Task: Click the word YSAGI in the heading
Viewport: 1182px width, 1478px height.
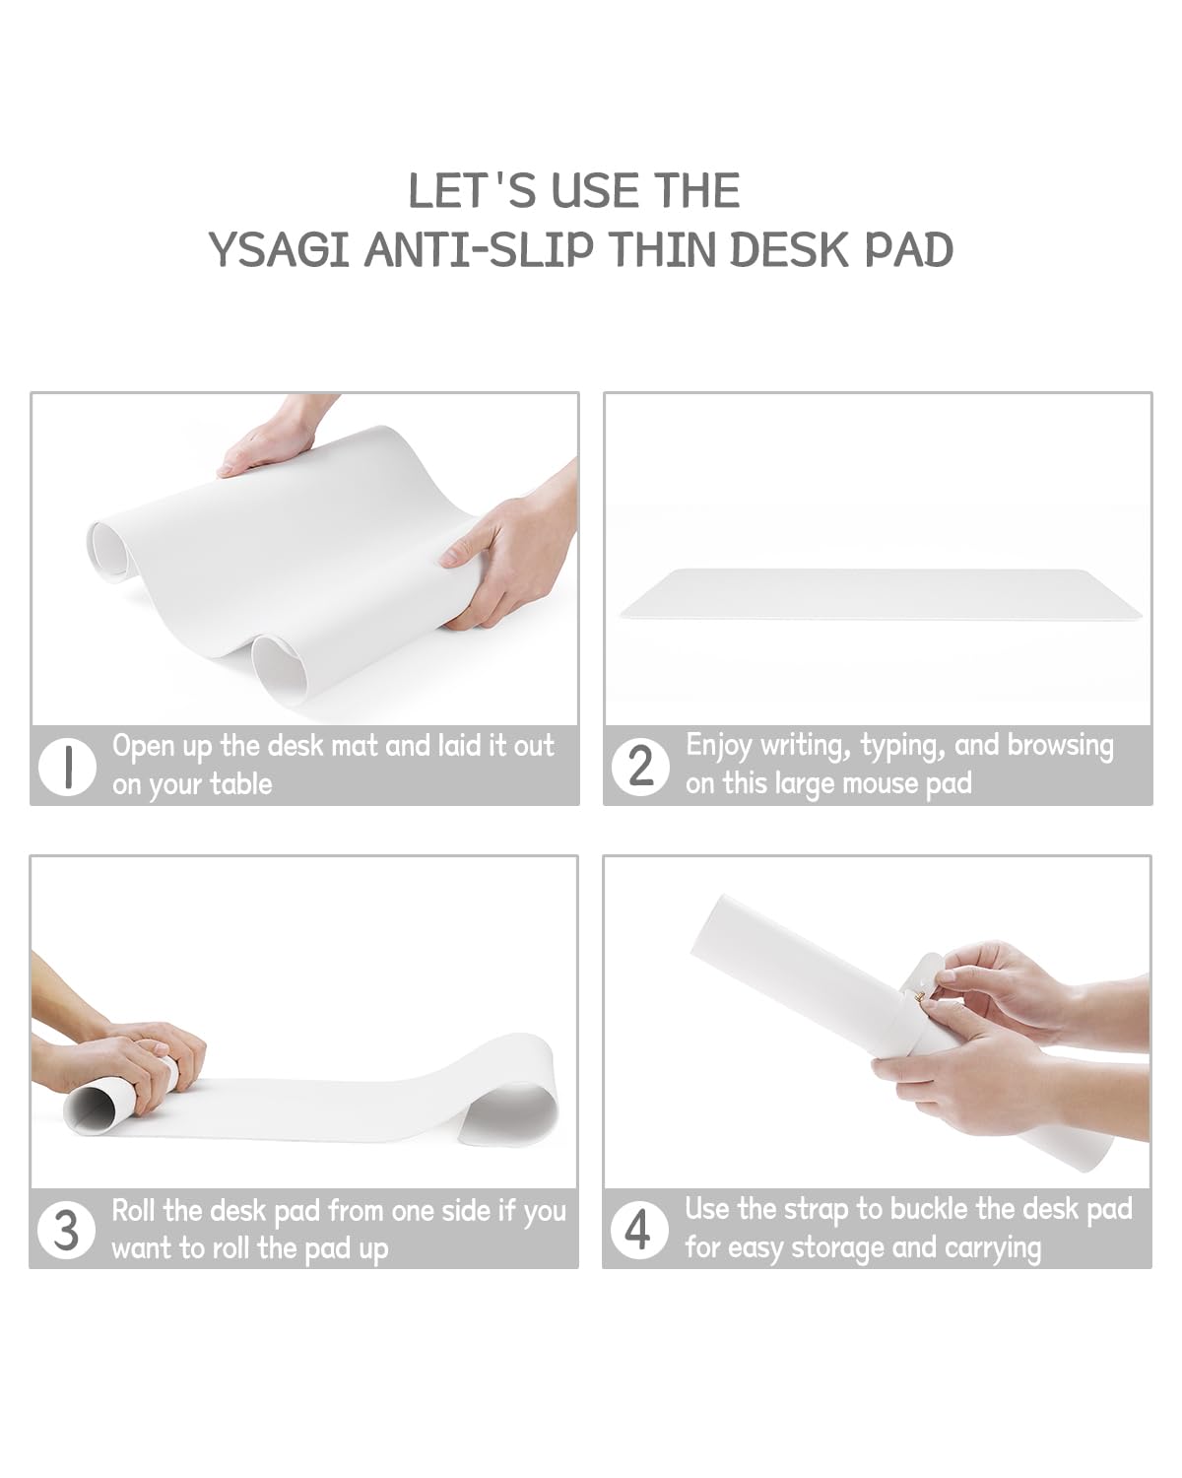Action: tap(279, 249)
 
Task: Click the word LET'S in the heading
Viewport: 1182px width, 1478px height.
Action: tap(472, 190)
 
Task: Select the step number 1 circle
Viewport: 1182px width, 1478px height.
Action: tap(67, 768)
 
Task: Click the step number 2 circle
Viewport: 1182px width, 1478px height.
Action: tap(640, 767)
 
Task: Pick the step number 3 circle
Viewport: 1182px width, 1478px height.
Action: tap(66, 1230)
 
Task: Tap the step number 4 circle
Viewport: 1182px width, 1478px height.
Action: tap(638, 1230)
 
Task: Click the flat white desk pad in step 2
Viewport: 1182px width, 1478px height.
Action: tap(881, 594)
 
